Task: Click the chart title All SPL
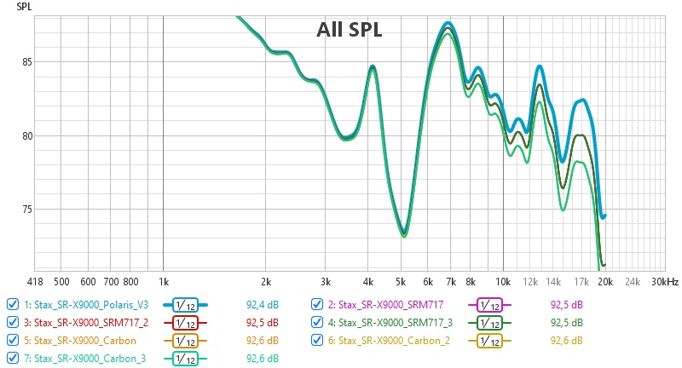coord(349,30)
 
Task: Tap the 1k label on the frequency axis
coord(163,280)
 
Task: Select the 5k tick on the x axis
coord(402,280)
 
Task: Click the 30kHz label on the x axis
coord(662,280)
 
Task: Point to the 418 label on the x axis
coord(35,280)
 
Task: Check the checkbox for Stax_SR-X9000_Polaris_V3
coord(12,304)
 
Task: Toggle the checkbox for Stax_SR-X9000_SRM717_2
coord(12,322)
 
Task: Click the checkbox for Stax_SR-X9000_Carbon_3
coord(12,358)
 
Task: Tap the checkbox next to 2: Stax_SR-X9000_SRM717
coord(316,304)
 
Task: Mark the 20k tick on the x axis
coord(604,280)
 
